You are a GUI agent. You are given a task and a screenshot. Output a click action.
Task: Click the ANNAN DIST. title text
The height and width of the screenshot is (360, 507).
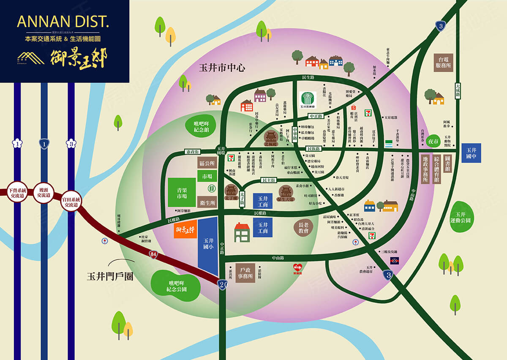click(63, 22)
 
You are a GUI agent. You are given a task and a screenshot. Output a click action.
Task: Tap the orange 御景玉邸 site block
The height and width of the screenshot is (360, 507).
click(185, 229)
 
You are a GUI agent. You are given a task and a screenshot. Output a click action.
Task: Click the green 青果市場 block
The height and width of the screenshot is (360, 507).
click(182, 192)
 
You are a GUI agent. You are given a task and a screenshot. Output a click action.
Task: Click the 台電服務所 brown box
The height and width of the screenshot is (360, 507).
click(444, 63)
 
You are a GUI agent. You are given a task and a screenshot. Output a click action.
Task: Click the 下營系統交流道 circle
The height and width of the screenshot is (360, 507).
click(17, 193)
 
